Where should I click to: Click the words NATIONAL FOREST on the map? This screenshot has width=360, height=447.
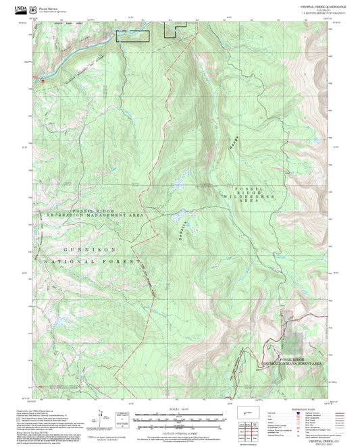[91, 261]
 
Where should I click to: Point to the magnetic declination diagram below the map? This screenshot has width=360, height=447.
[122, 419]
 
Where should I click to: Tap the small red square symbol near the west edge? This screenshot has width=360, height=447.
[43, 80]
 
